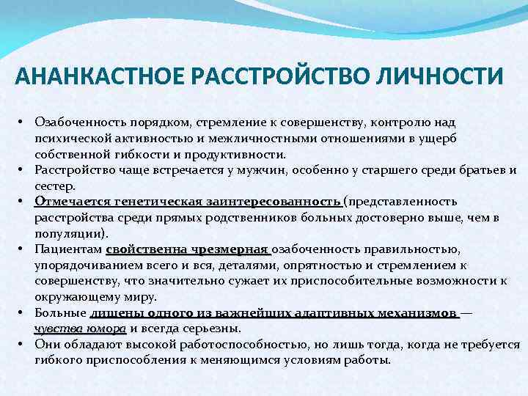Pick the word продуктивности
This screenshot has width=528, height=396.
coord(235,155)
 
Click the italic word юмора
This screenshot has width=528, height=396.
coord(109,328)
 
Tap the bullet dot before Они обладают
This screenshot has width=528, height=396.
coord(23,345)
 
